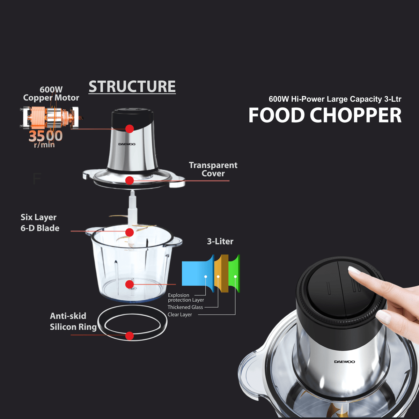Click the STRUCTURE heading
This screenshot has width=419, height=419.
pos(132,86)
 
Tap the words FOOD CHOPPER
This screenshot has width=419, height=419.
pos(325,115)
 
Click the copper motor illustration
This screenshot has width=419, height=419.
pos(52,117)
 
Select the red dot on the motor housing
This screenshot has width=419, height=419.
pos(130,129)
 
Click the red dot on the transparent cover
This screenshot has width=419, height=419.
pos(130,181)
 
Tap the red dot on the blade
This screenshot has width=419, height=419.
pos(130,233)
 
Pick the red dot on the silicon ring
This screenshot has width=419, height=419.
pos(130,336)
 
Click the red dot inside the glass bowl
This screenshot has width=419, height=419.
pos(130,284)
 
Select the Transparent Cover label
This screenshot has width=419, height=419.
pos(213,169)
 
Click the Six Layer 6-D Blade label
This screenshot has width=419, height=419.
pos(40,222)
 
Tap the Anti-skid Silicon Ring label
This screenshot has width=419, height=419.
pos(73,321)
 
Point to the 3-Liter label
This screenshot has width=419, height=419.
pos(220,241)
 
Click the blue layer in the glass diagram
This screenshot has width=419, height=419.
pos(197,273)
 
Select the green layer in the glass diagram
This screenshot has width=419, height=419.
pos(234,273)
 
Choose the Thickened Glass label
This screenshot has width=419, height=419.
pos(185,307)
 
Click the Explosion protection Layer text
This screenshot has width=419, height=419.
pos(186,297)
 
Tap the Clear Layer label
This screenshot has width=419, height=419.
pos(179,315)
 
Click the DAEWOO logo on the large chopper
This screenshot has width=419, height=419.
pos(344,362)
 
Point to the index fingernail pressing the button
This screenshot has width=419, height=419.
pos(354,270)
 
